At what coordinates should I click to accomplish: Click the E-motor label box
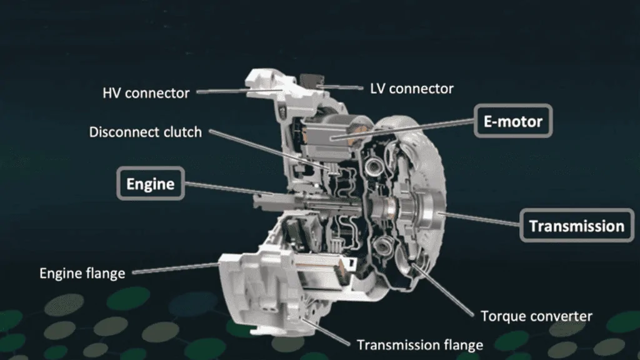click(x=513, y=121)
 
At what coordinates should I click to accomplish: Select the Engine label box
click(x=151, y=184)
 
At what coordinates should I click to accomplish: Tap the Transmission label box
click(x=577, y=226)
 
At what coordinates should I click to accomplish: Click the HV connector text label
click(x=146, y=93)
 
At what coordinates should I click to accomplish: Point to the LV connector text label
click(x=412, y=89)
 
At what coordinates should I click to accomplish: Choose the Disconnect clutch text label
click(x=145, y=132)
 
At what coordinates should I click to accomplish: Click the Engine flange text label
click(x=82, y=273)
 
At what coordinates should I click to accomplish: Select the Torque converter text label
click(x=536, y=316)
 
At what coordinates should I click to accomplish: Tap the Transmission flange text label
click(x=420, y=345)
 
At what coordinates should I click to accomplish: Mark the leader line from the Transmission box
click(x=479, y=218)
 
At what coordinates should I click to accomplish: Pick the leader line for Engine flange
click(x=176, y=268)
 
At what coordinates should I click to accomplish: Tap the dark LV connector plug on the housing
click(x=311, y=81)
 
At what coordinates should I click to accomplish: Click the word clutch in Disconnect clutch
click(x=182, y=132)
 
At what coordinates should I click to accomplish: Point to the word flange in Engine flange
click(x=104, y=274)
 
